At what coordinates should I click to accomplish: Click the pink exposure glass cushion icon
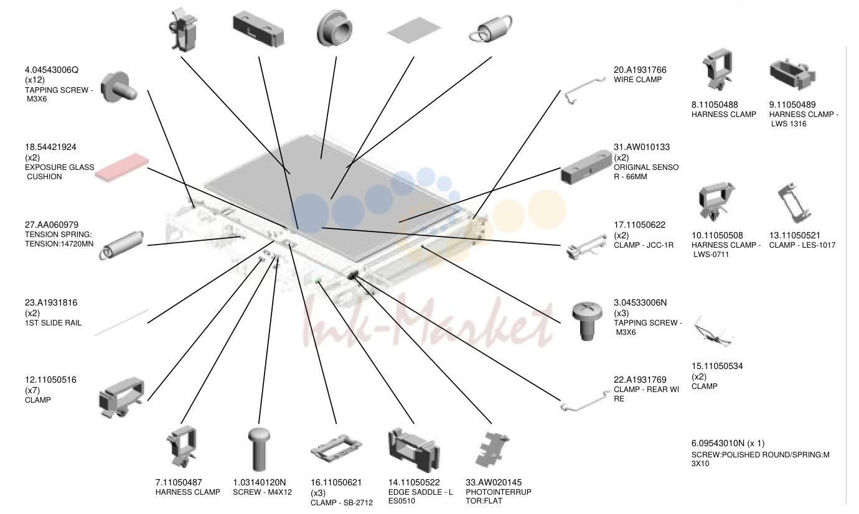click(x=122, y=167)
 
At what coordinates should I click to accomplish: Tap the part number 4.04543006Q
click(x=52, y=70)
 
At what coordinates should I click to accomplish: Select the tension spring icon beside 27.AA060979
click(x=121, y=245)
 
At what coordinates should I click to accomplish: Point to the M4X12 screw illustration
click(x=259, y=449)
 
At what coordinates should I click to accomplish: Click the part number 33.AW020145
click(x=494, y=482)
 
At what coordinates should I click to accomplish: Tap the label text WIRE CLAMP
click(x=638, y=80)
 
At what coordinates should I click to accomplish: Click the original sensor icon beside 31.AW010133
click(x=586, y=167)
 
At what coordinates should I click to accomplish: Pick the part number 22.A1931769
click(x=640, y=380)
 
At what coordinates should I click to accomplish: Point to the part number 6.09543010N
click(x=718, y=444)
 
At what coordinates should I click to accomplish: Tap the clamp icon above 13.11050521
click(x=794, y=203)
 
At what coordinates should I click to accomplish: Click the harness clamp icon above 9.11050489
click(x=792, y=74)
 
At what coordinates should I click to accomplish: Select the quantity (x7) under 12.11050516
click(x=32, y=390)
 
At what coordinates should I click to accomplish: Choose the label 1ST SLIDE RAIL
click(x=54, y=323)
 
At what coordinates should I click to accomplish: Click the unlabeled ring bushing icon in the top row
click(x=335, y=28)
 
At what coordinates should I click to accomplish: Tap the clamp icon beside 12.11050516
click(x=122, y=398)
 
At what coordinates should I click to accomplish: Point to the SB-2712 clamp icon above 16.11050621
click(x=336, y=447)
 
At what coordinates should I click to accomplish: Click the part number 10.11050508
click(x=717, y=235)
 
